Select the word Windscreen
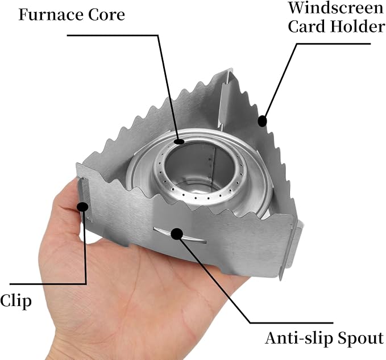(337, 8)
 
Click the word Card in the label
(307, 26)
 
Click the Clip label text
(16, 300)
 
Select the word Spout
(360, 339)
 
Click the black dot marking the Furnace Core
(179, 141)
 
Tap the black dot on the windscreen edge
(262, 121)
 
